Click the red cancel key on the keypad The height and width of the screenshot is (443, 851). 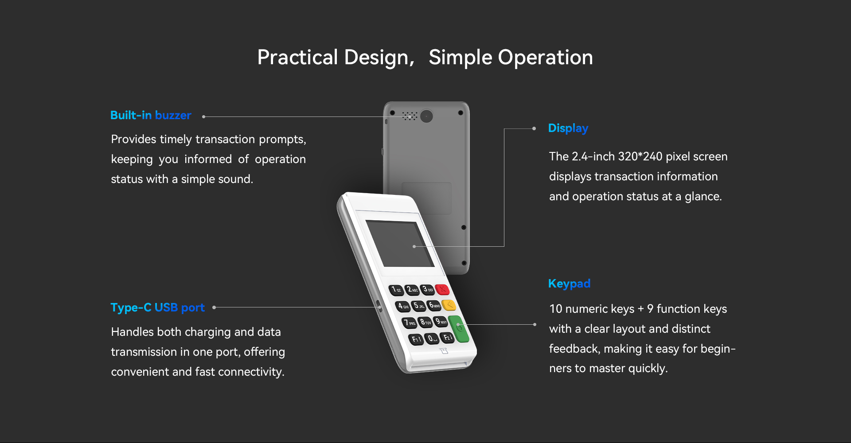click(x=442, y=290)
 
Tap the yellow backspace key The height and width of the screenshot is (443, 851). click(x=449, y=305)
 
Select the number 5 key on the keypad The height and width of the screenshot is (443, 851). click(x=418, y=306)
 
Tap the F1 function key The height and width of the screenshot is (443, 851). click(x=416, y=340)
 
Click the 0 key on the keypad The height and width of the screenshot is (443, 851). click(x=432, y=339)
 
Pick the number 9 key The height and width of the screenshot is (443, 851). click(x=440, y=322)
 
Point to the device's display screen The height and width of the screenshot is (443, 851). click(x=400, y=244)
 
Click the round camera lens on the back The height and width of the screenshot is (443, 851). click(x=426, y=116)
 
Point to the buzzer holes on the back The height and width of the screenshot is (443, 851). click(x=410, y=116)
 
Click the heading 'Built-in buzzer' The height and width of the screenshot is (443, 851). click(x=151, y=115)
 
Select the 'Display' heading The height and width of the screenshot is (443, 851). click(x=568, y=128)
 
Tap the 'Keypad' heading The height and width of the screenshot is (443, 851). click(x=569, y=284)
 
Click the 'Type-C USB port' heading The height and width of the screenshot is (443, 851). click(x=157, y=307)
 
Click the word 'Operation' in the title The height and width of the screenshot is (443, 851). click(x=546, y=58)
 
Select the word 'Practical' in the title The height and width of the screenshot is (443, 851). click(x=298, y=58)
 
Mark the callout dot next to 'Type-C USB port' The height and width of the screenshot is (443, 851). click(x=214, y=307)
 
